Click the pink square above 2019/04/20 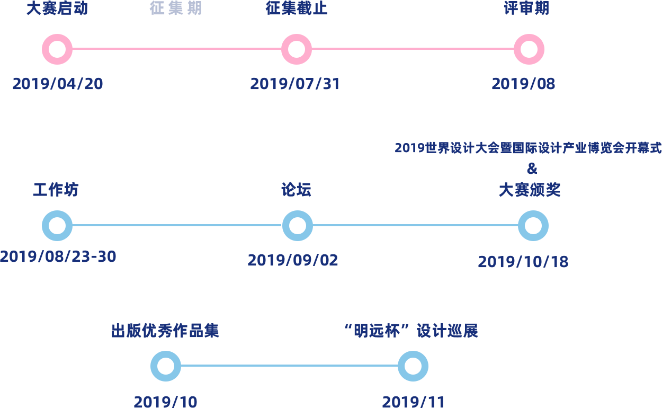[57, 49]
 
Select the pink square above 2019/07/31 [297, 49]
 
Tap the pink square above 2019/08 [529, 49]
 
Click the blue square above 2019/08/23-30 [57, 226]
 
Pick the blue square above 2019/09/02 [298, 226]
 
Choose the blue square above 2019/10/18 [533, 226]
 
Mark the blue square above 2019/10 [166, 366]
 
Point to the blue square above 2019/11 [413, 366]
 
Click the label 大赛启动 [57, 8]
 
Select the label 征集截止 [296, 8]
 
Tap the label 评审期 [526, 8]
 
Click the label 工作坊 [56, 190]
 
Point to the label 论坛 [297, 190]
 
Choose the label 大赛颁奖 [530, 190]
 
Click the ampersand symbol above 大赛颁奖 [532, 168]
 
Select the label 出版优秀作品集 [165, 331]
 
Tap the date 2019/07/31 [294, 84]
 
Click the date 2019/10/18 [523, 262]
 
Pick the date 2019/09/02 [293, 260]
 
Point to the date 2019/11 [413, 402]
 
